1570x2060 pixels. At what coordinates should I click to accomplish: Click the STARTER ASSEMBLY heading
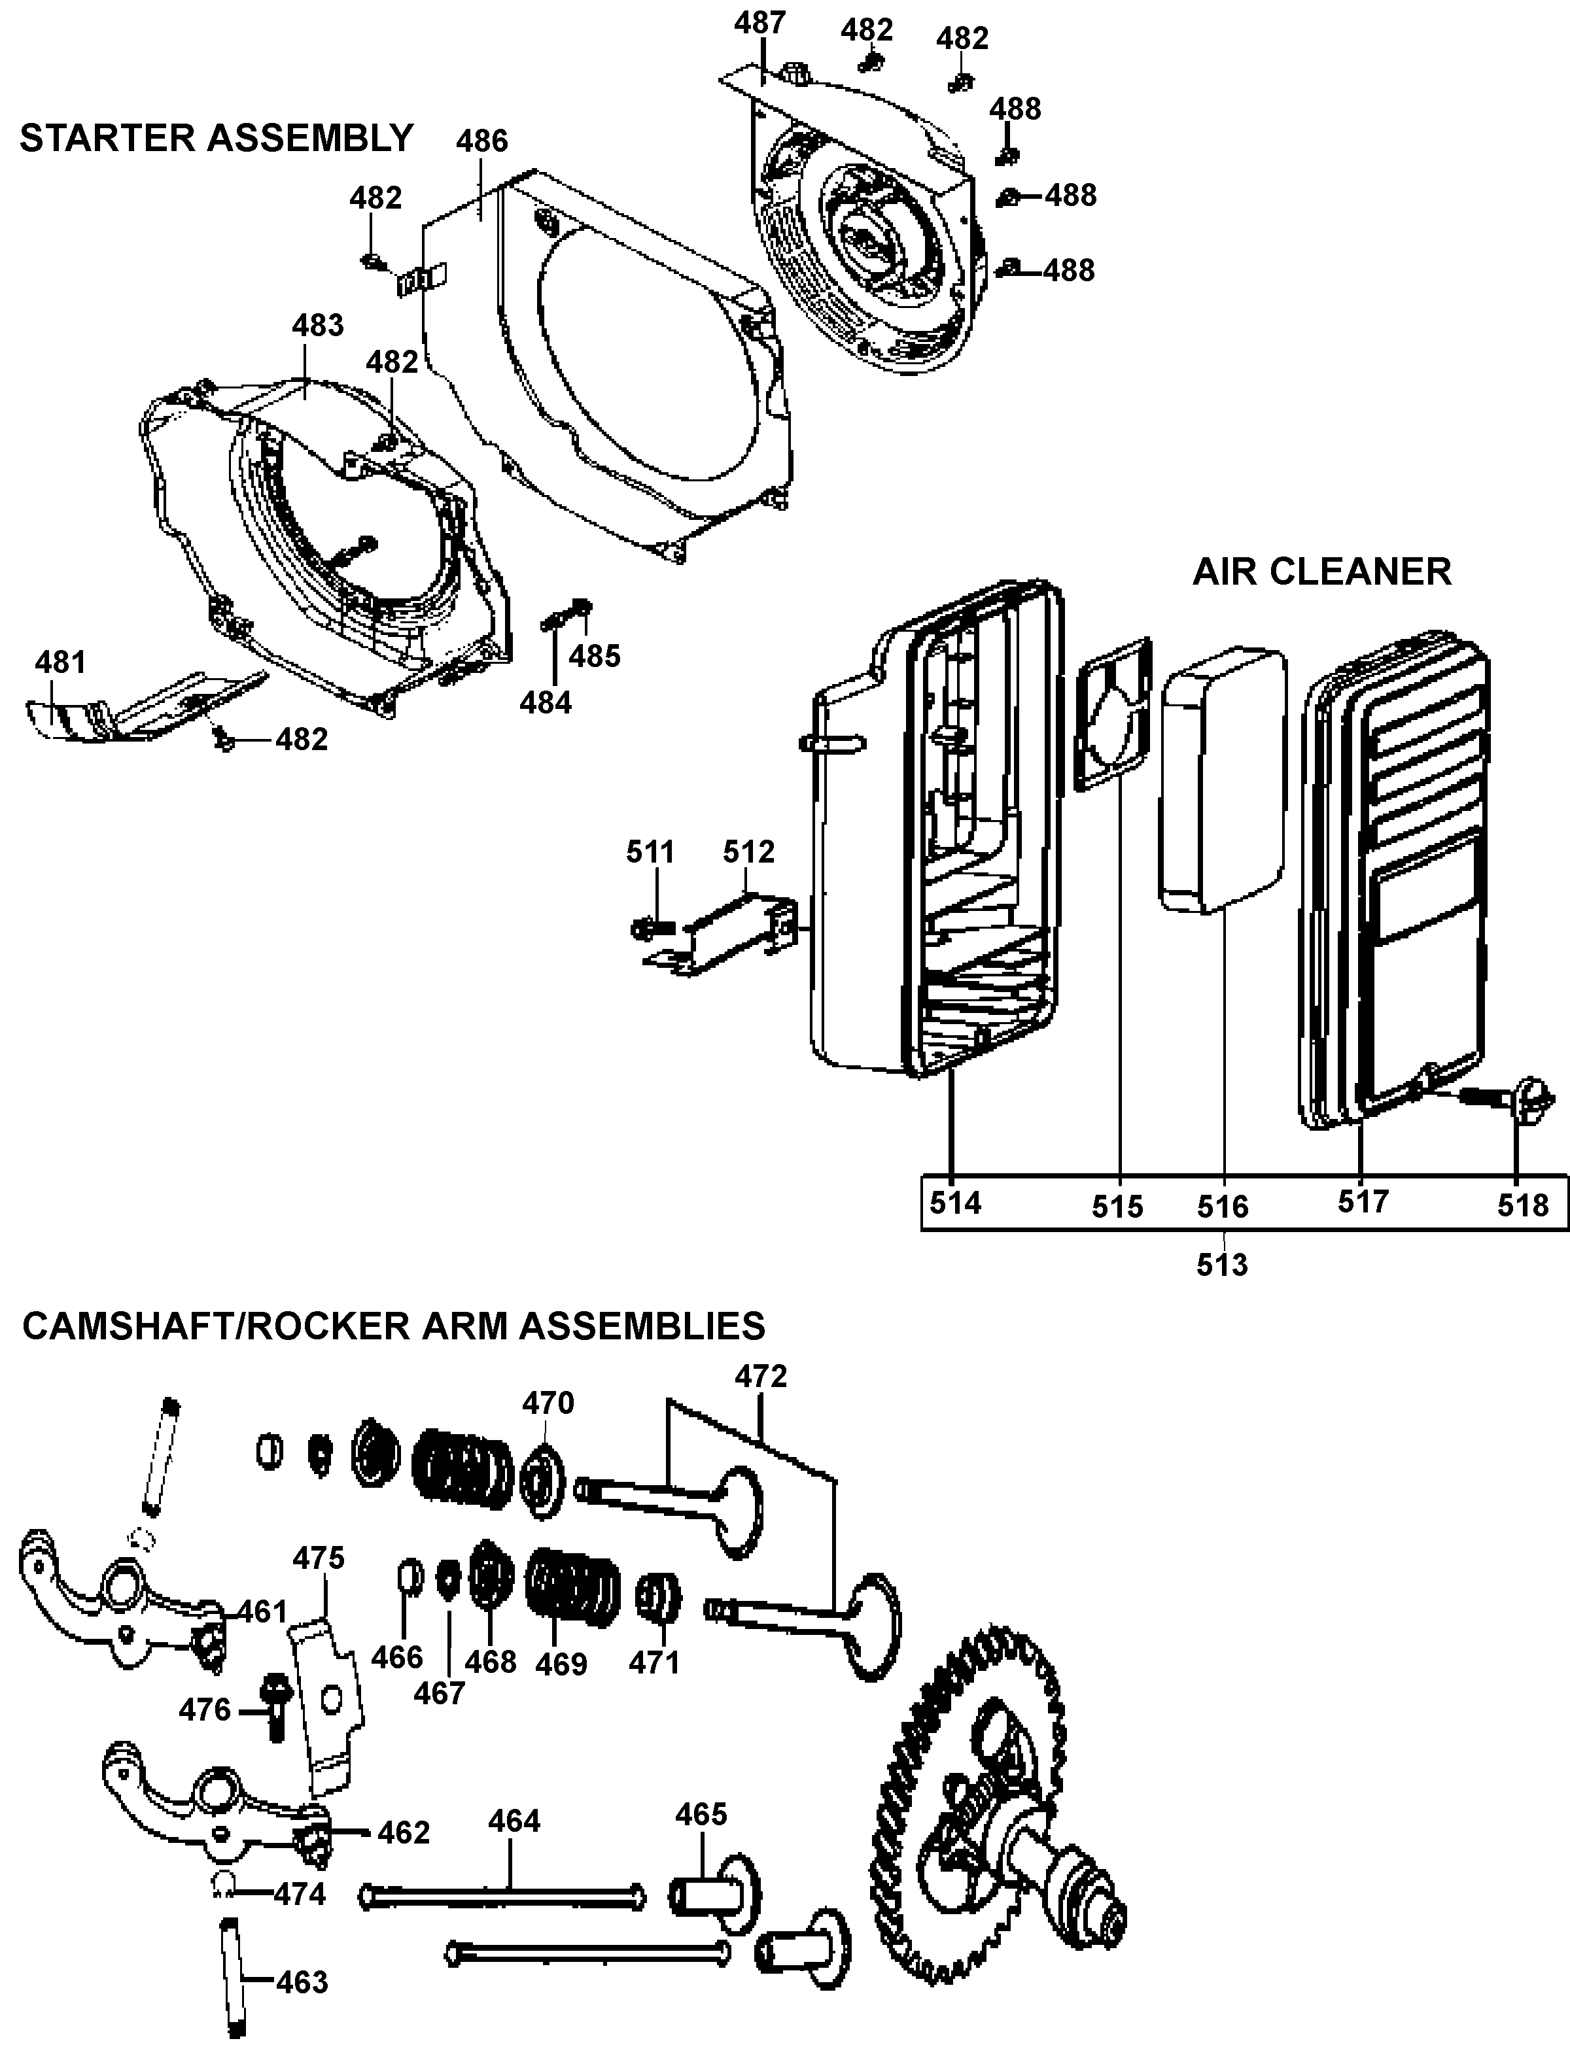coord(216,138)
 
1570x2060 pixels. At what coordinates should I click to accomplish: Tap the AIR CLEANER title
coord(1321,572)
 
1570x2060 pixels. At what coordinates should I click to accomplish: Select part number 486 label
coord(481,141)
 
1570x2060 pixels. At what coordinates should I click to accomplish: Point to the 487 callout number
coord(759,22)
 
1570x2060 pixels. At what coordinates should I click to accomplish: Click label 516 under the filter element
coord(1223,1207)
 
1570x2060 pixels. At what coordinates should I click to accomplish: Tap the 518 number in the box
coord(1524,1205)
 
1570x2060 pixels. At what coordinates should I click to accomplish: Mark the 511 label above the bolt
coord(650,852)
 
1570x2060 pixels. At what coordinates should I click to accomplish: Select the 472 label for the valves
coord(761,1376)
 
